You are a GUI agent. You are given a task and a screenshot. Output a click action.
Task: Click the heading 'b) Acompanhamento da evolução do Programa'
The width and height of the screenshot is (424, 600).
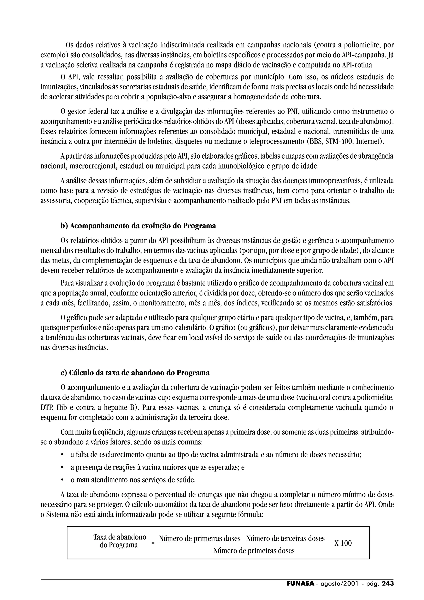point(138,226)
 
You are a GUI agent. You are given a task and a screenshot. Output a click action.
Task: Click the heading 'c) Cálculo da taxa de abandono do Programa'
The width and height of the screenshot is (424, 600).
point(135,373)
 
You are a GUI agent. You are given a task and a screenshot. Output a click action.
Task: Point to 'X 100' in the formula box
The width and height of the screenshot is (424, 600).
point(343,543)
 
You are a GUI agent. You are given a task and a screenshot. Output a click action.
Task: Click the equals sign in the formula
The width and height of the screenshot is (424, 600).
point(153,543)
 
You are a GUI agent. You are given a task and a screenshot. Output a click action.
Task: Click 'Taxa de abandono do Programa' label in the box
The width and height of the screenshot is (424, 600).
point(120,541)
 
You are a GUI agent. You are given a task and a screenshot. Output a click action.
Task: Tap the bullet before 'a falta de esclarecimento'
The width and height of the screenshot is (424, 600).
point(62,455)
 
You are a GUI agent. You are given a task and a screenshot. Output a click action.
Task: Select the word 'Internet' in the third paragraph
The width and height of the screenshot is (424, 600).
point(368,142)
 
